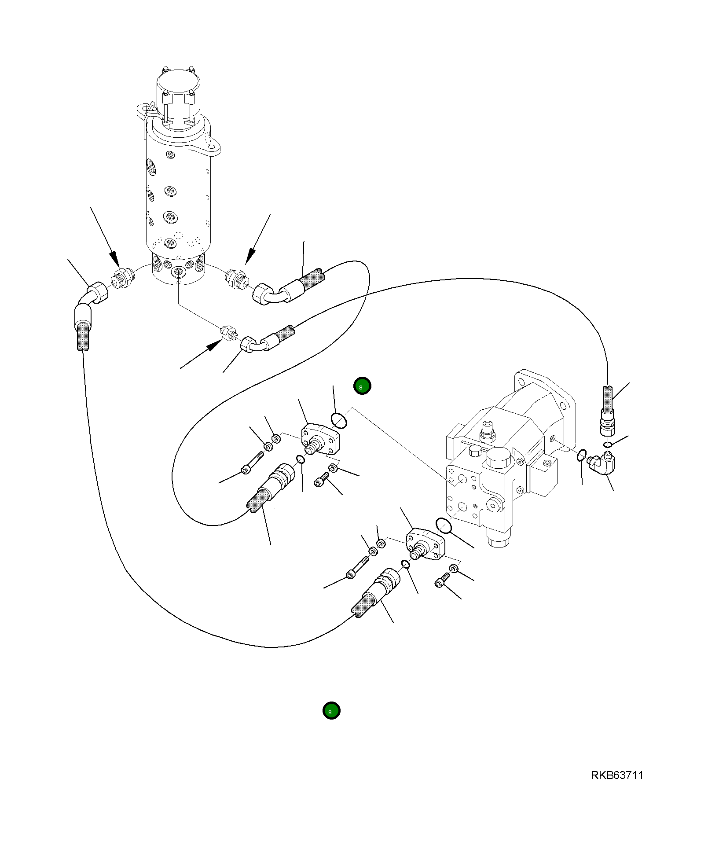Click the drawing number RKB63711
pos(616,775)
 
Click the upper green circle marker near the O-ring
pos(362,386)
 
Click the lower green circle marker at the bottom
pos(331,710)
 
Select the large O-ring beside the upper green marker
pos(339,420)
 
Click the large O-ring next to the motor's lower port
pos(444,525)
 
